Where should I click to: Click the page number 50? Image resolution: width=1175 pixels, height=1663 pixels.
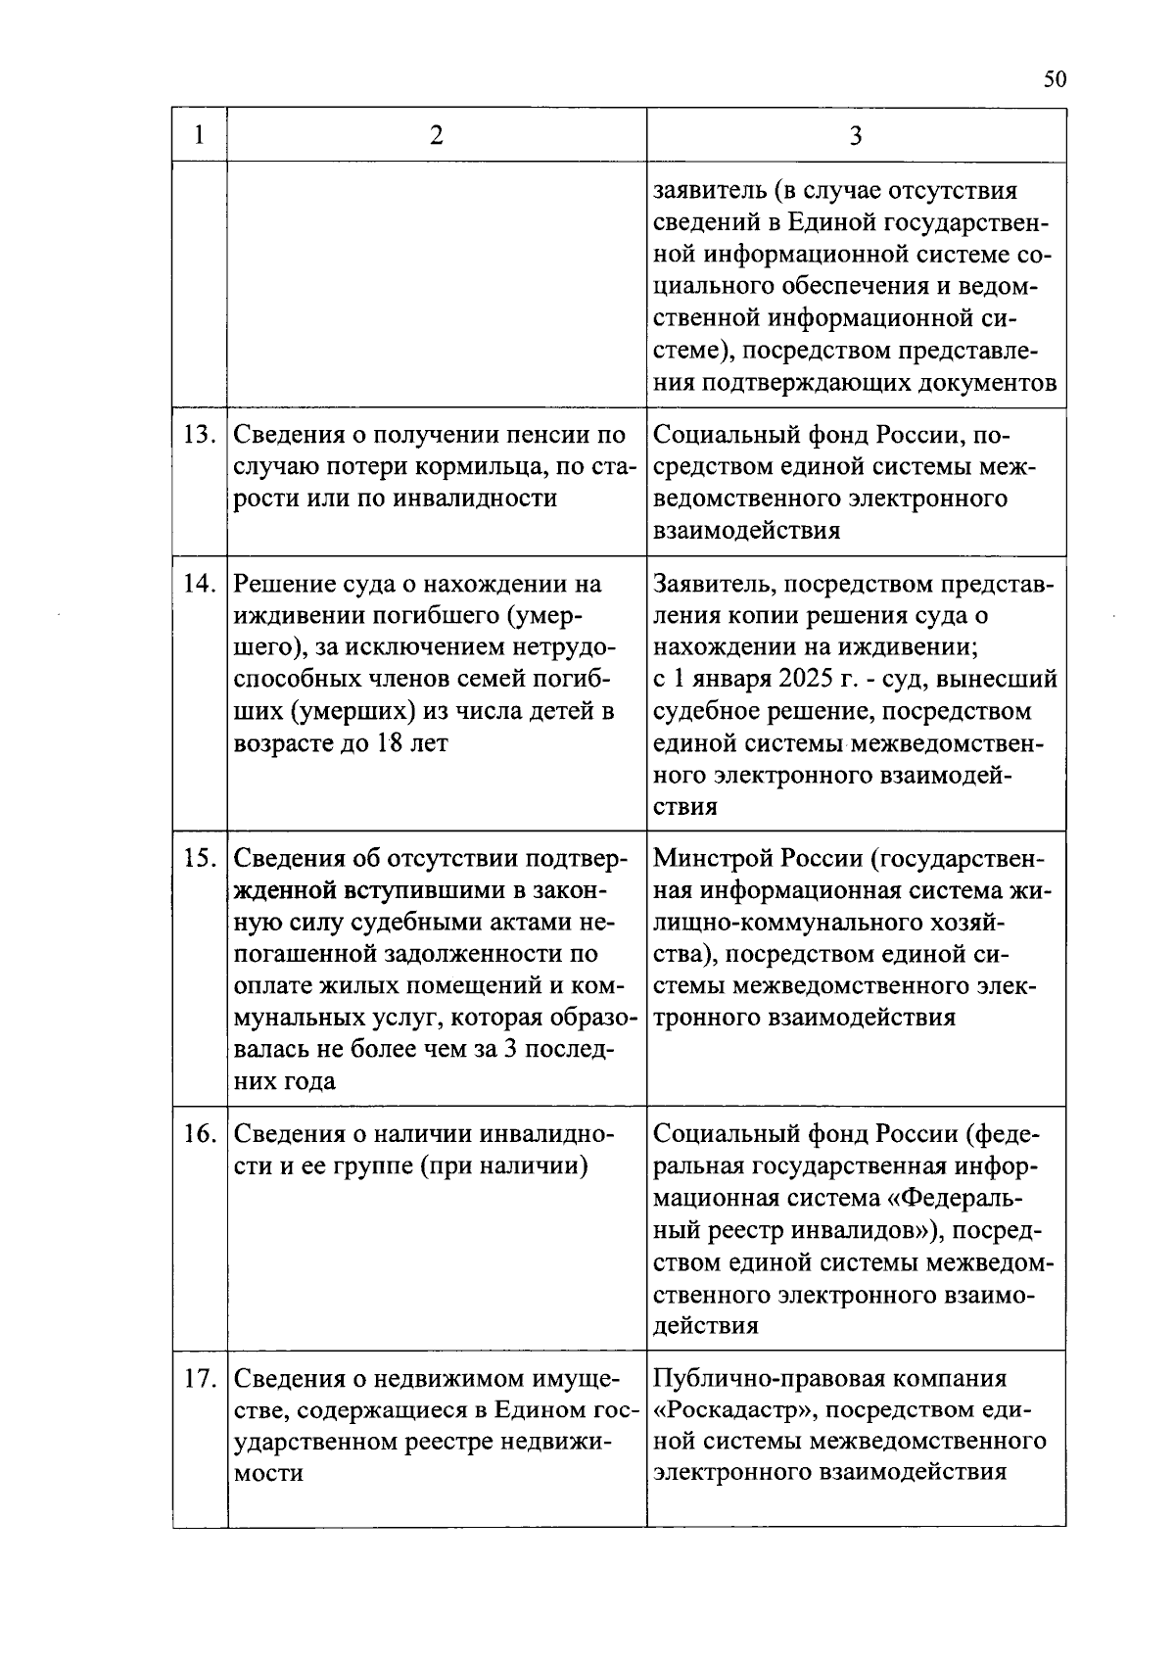coord(1054,79)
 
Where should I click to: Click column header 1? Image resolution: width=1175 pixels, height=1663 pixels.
coord(200,135)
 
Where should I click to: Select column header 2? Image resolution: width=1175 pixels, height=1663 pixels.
coord(436,135)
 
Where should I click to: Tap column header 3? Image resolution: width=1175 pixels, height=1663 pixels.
coord(856,135)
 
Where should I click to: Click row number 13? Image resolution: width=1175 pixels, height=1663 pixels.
coord(200,435)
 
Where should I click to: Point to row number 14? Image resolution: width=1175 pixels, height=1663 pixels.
coord(200,584)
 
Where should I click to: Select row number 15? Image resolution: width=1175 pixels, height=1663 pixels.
coord(200,858)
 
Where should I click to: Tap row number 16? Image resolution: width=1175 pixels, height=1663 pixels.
coord(200,1134)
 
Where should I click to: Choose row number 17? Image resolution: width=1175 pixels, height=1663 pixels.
coord(200,1379)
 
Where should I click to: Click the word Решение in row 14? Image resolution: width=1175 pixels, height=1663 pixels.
coord(282,584)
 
